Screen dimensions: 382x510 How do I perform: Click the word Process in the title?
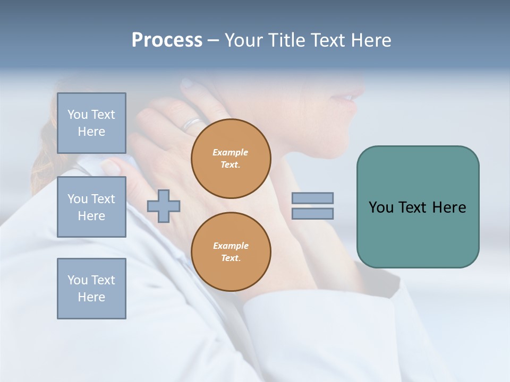[167, 40]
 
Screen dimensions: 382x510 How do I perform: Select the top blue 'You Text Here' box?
[91, 123]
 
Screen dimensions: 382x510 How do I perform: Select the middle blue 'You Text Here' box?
[91, 207]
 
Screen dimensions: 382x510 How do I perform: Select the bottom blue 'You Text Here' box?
[91, 289]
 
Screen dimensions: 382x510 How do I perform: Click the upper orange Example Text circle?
[231, 159]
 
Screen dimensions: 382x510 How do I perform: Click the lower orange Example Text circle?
[231, 252]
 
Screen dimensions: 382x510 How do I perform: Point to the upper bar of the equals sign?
[312, 198]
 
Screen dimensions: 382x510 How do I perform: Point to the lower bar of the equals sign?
[312, 214]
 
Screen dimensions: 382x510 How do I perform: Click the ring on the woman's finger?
[192, 124]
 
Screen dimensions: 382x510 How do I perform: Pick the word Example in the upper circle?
[231, 153]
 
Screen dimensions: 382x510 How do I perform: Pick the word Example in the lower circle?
[231, 246]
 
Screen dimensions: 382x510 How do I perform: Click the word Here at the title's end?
[371, 40]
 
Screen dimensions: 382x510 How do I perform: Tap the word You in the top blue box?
[77, 115]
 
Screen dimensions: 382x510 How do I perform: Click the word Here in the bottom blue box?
[91, 297]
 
